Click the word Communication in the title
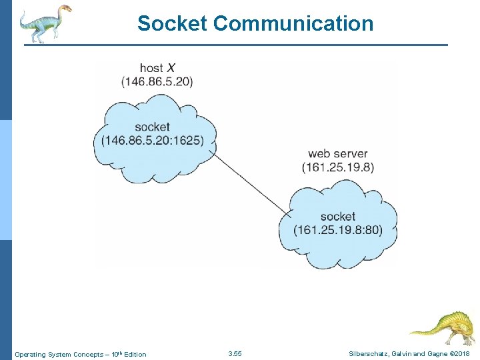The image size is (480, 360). pos(293,24)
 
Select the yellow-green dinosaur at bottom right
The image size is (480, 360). pos(443,327)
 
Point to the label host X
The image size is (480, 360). pos(157,68)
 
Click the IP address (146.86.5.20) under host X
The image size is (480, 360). pos(157,81)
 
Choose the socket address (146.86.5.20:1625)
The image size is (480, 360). pos(153,140)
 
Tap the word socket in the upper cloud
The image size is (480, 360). pos(152,127)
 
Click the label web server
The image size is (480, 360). pos(338,154)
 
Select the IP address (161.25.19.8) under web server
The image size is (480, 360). pos(338,167)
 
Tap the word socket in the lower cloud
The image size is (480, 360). pos(338,217)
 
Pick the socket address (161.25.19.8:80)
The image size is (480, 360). pos(338,230)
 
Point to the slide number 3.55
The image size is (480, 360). pos(235,353)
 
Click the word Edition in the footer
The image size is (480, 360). pos(133,354)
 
